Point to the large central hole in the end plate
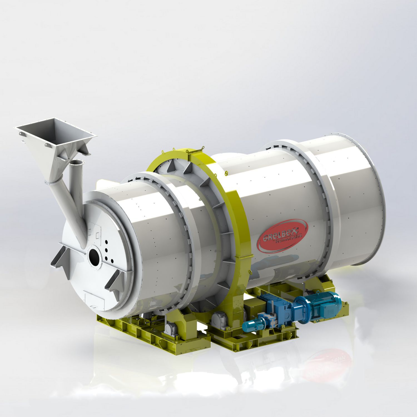click(x=94, y=255)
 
